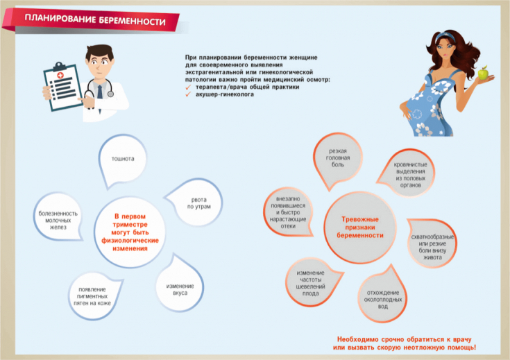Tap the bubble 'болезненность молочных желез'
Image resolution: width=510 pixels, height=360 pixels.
(58, 221)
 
